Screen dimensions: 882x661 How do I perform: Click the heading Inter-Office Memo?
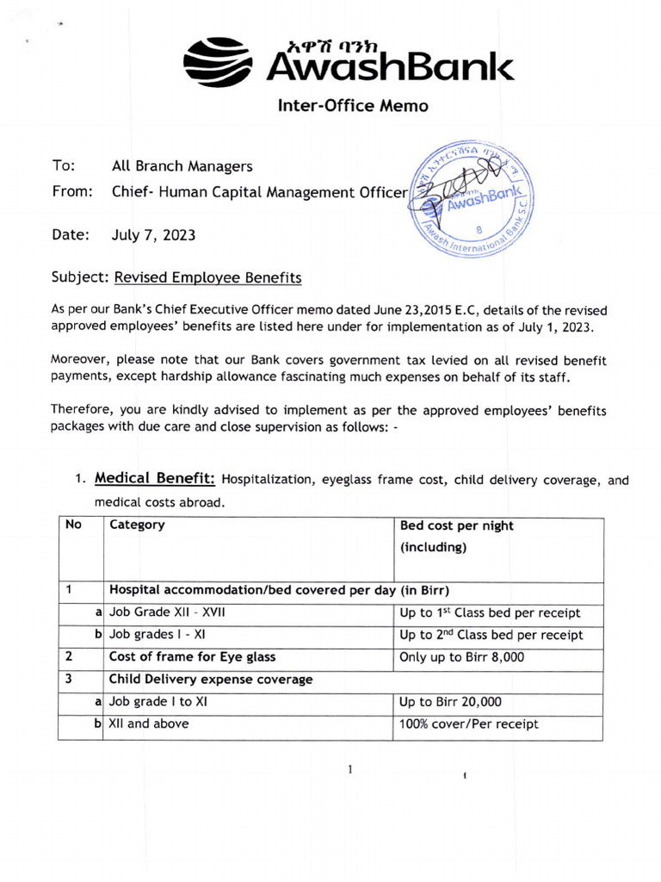(352, 106)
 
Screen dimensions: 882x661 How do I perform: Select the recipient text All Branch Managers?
(182, 166)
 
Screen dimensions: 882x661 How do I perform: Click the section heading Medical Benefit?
(156, 478)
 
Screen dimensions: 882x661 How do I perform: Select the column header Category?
(137, 525)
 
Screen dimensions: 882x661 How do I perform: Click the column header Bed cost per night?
(456, 525)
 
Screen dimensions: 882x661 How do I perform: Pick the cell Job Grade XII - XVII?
(168, 613)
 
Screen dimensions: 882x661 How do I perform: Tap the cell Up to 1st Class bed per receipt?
(490, 613)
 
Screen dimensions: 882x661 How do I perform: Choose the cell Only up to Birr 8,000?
(461, 657)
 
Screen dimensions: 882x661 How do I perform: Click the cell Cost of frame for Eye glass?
(192, 657)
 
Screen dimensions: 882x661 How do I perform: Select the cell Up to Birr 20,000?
(450, 702)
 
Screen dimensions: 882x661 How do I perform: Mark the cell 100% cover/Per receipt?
(469, 724)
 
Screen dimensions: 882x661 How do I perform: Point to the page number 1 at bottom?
(350, 769)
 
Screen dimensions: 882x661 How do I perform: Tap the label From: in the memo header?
(71, 192)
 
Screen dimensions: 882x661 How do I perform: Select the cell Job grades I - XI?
(158, 635)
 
